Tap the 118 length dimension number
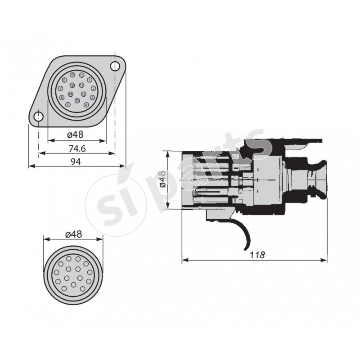click(x=255, y=255)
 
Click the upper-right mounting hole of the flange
click(x=116, y=67)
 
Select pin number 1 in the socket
click(x=90, y=80)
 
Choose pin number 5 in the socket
click(x=68, y=104)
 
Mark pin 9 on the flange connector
click(x=72, y=75)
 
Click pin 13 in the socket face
click(x=78, y=100)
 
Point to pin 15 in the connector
click(x=72, y=85)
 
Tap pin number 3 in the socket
click(x=92, y=97)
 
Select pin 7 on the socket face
click(x=61, y=89)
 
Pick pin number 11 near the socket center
click(x=81, y=85)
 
